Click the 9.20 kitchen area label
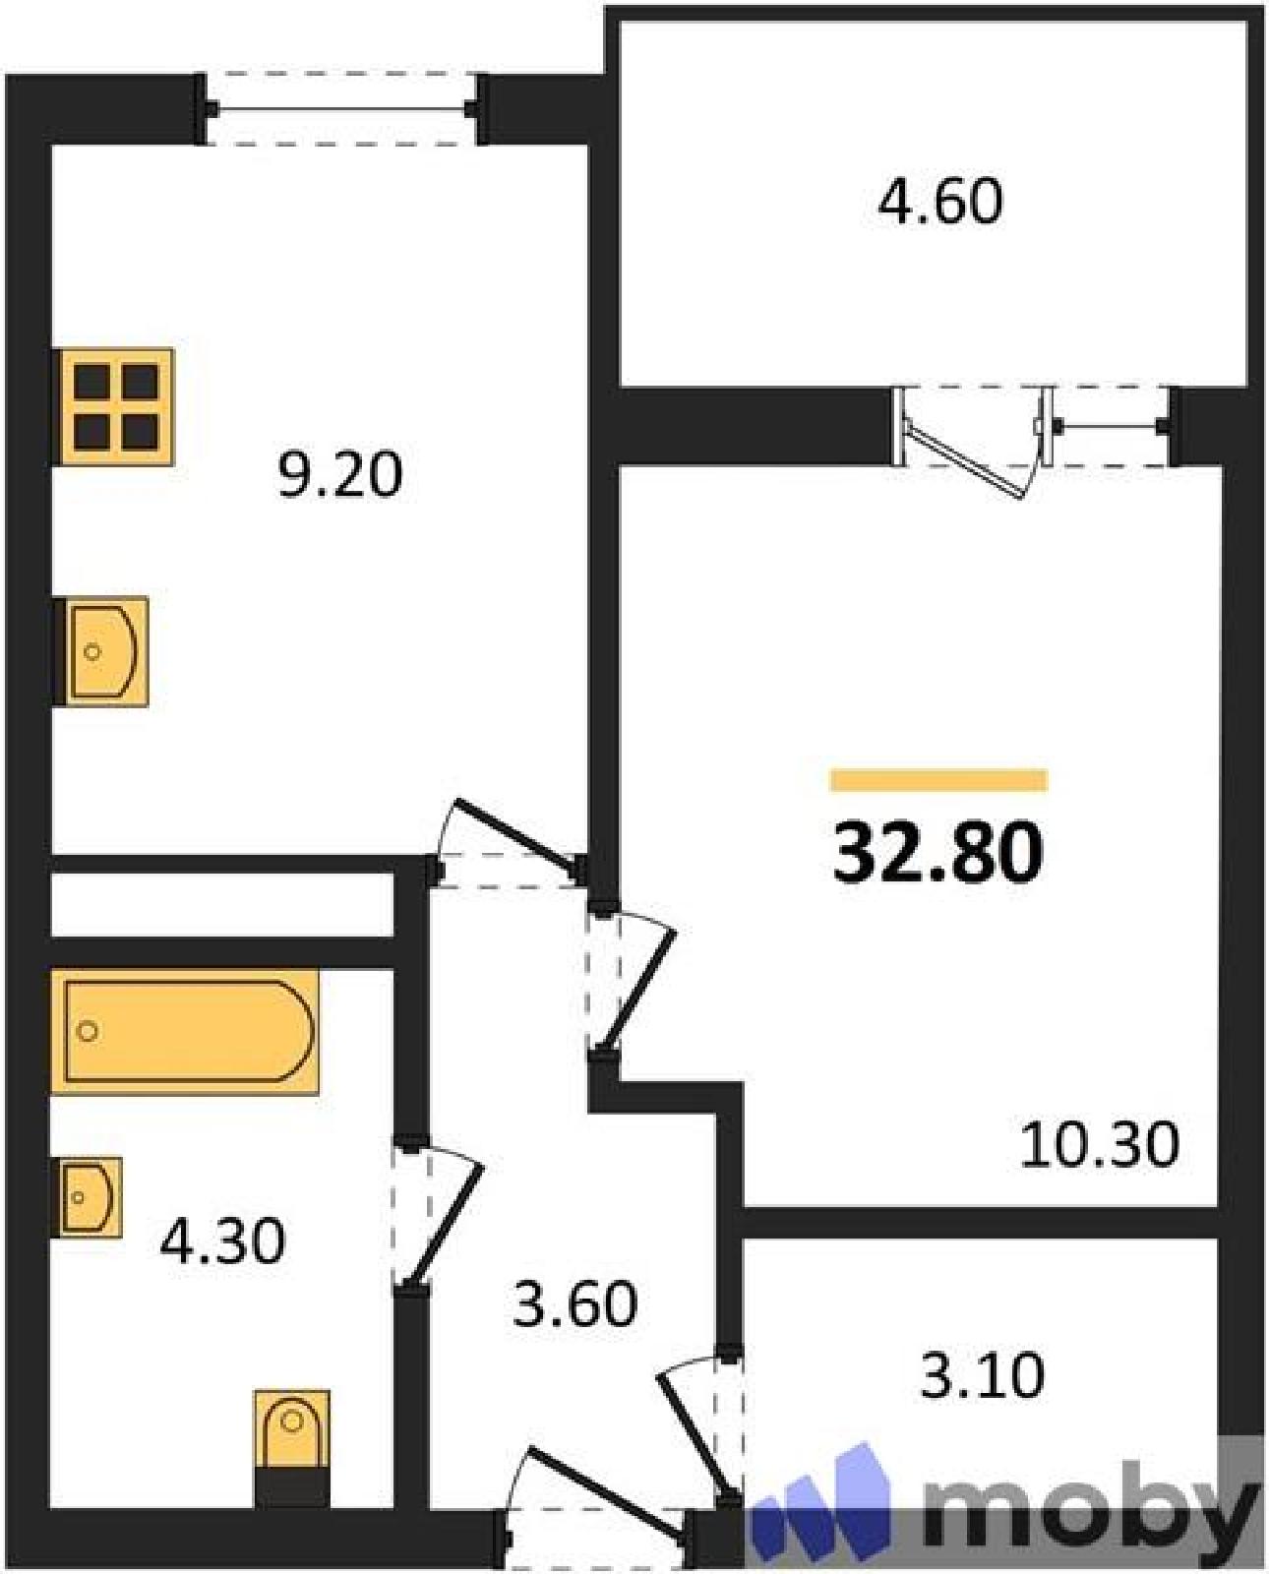(340, 474)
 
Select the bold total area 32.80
(937, 853)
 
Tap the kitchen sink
(101, 651)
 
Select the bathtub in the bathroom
(185, 1031)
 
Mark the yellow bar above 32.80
(939, 780)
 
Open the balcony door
(969, 440)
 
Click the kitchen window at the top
(341, 109)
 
